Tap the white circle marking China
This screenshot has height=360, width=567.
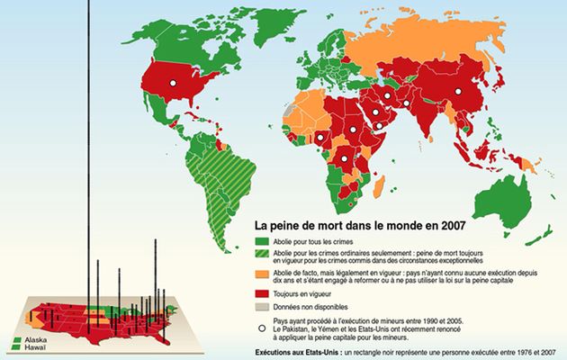458,92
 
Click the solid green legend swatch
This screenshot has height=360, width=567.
264,242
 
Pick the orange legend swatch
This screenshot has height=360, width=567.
264,274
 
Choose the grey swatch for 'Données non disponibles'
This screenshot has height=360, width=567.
264,306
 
